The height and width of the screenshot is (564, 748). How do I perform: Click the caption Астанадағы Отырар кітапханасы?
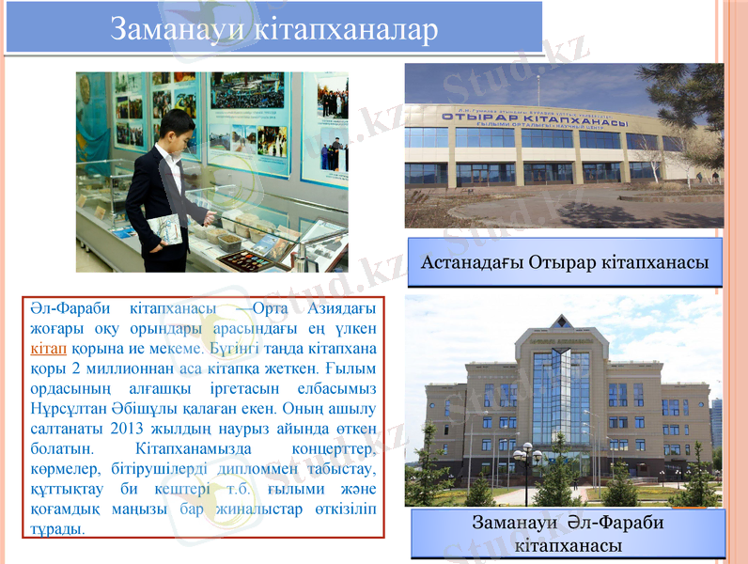[x=566, y=261]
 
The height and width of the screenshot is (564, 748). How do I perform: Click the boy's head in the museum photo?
[x=179, y=125]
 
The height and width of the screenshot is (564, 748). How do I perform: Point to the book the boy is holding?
[x=164, y=229]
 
